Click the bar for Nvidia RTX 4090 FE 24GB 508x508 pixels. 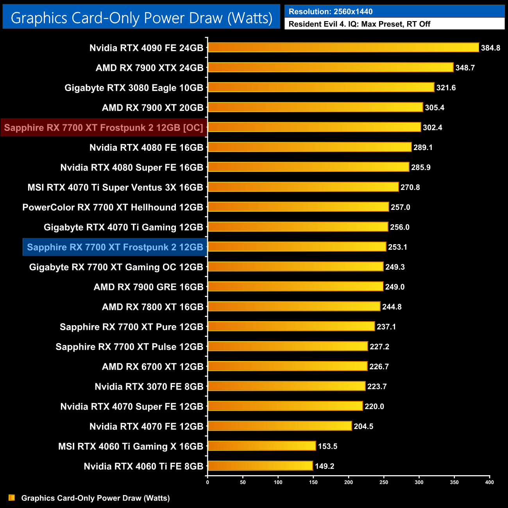[343, 48]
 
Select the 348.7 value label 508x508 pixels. [465, 68]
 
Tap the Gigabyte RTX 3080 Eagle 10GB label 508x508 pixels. [134, 88]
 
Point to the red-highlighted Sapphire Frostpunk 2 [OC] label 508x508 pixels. [104, 128]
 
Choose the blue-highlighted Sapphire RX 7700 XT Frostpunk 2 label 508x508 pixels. [115, 247]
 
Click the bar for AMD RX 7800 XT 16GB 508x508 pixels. [294, 307]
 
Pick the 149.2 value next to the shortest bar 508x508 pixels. [324, 466]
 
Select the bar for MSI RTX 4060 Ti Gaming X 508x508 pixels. [262, 446]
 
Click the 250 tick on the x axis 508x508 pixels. [384, 482]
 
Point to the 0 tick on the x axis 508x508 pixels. [207, 482]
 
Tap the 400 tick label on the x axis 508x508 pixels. [489, 482]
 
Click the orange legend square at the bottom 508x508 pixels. [12, 498]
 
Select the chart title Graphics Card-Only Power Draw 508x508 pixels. [141, 18]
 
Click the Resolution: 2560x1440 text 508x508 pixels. [331, 12]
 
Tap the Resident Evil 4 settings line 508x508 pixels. [360, 24]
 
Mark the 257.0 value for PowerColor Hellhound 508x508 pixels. [401, 207]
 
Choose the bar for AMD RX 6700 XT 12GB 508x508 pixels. [288, 367]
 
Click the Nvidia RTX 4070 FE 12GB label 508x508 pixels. [146, 427]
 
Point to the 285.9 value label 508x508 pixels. [421, 168]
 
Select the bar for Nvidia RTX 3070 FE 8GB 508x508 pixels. [286, 386]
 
